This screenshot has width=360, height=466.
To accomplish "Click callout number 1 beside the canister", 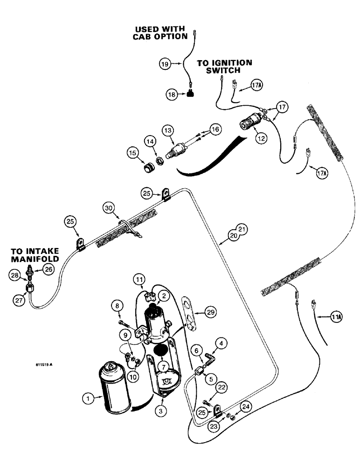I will coord(86,398).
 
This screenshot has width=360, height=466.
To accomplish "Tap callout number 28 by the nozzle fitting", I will coord(17,277).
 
